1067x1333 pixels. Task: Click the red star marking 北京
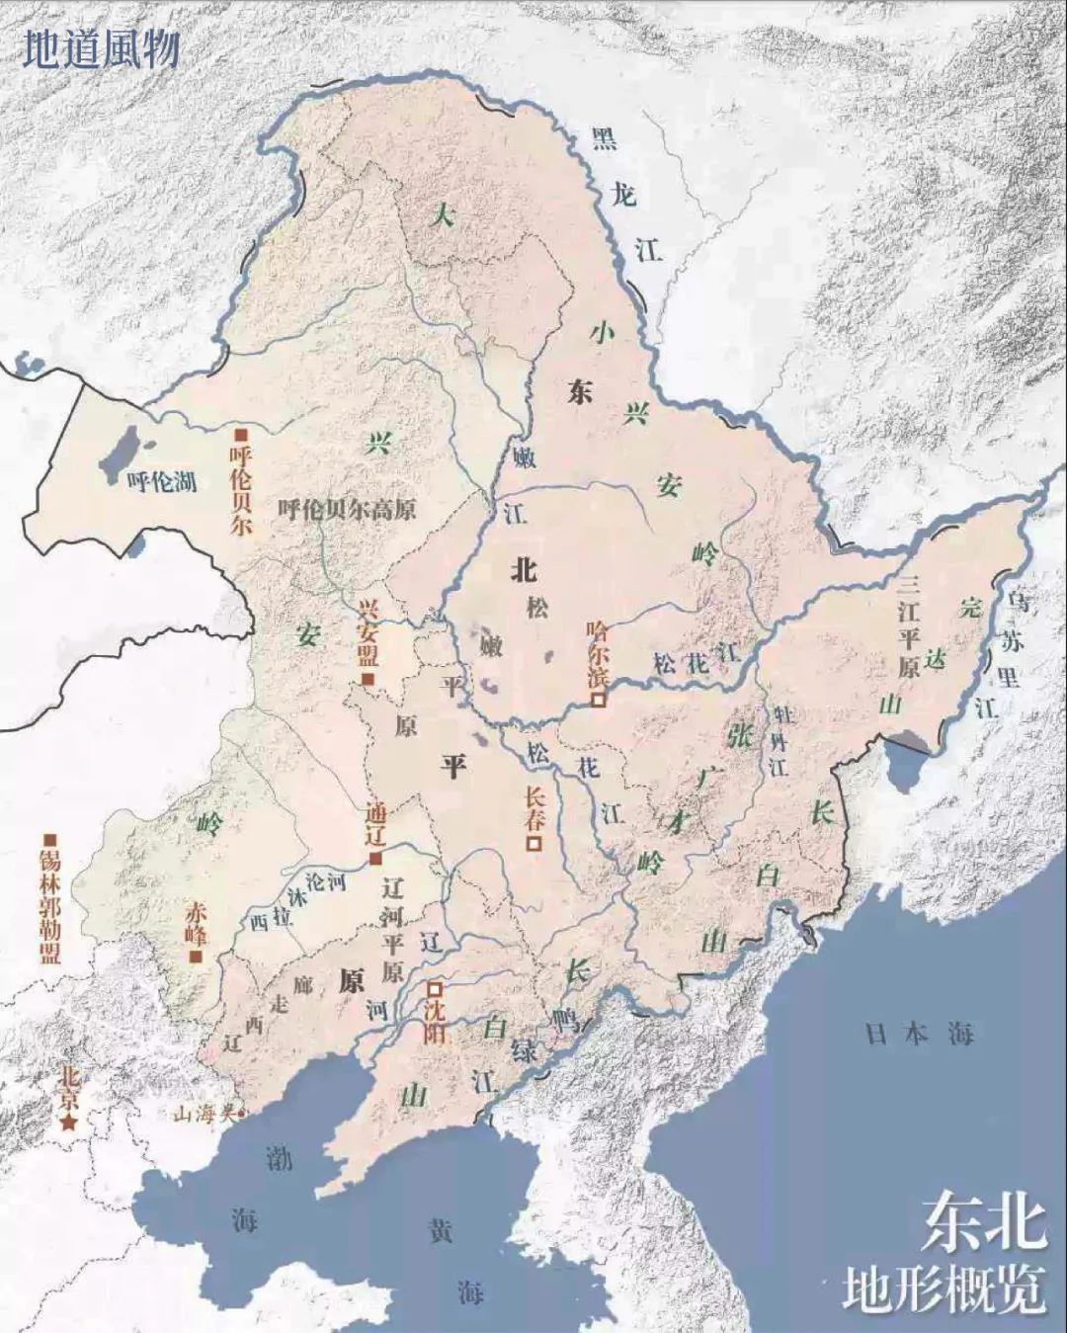(68, 1123)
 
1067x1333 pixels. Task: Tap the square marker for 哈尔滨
(598, 700)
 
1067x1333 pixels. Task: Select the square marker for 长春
(533, 844)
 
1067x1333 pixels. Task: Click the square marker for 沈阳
(434, 988)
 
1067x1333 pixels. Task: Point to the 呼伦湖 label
(162, 482)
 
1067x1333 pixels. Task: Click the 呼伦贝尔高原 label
(347, 510)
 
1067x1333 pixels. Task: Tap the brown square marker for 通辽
(374, 859)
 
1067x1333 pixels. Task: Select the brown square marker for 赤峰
(197, 957)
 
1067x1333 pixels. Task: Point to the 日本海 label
(919, 1035)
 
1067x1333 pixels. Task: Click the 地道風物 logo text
(100, 49)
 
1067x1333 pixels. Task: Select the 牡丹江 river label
(780, 741)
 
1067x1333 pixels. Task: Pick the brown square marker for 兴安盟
(367, 681)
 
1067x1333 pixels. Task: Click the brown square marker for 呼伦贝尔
(238, 435)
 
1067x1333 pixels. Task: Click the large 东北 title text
(983, 1223)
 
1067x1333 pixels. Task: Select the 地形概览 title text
(944, 1291)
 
